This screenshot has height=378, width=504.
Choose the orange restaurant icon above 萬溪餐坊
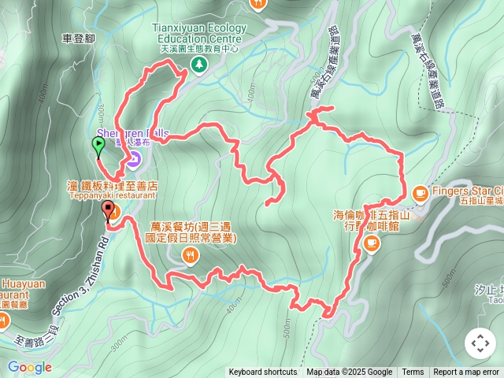click(x=190, y=254)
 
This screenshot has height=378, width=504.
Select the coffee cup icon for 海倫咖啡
click(x=371, y=243)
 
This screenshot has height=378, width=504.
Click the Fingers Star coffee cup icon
click(x=419, y=191)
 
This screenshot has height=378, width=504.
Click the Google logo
click(x=29, y=367)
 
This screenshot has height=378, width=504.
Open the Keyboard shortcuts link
click(x=263, y=372)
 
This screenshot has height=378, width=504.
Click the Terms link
click(x=413, y=372)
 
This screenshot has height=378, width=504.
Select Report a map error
click(x=467, y=372)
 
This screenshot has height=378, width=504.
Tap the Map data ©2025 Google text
click(x=349, y=372)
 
